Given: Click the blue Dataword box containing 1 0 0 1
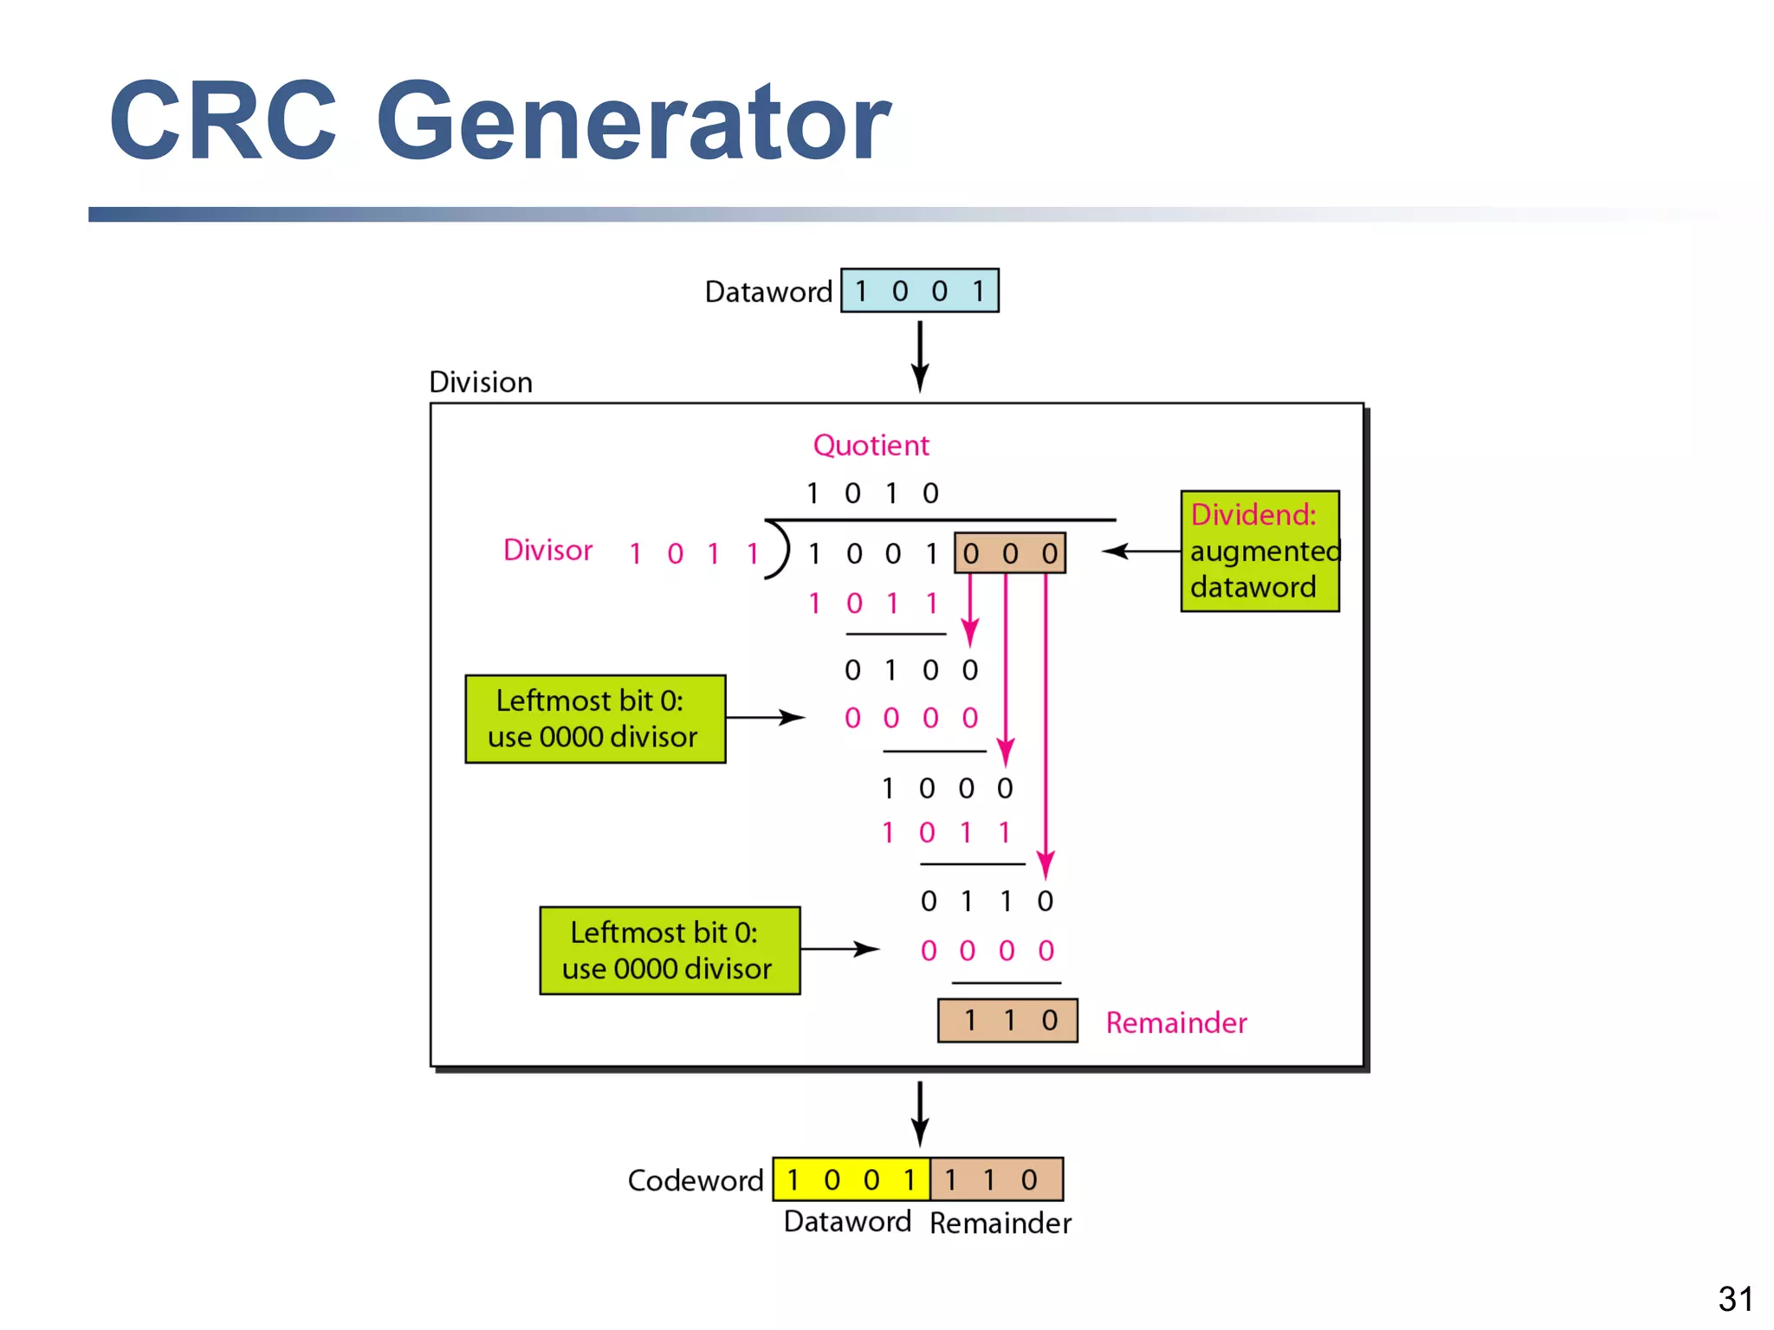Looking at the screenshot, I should coord(919,291).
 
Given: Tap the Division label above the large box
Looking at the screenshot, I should coord(481,382).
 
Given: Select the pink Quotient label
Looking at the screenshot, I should coord(871,445).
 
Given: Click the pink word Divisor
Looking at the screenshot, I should coord(547,550).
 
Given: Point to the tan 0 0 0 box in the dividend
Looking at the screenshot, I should coord(1009,553).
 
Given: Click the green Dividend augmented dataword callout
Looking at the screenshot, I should coord(1259,552).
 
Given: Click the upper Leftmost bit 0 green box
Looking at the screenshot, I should coord(595,719).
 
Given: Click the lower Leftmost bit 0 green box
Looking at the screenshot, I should coord(670,951).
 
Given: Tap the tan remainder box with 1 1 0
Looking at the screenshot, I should coord(1007,1021).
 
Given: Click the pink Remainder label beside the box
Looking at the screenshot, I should coord(1175,1023).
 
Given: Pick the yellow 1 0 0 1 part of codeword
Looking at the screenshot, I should coord(851,1179).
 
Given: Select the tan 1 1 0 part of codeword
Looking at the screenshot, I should coord(996,1179).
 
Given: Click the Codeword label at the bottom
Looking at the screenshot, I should coord(695,1180).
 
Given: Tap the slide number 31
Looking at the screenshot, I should coord(1735,1299).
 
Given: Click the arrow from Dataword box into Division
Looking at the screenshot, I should coord(920,356).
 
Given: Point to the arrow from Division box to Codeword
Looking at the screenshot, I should coord(920,1113).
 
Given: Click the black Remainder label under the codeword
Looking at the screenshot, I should coord(1000,1223).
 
